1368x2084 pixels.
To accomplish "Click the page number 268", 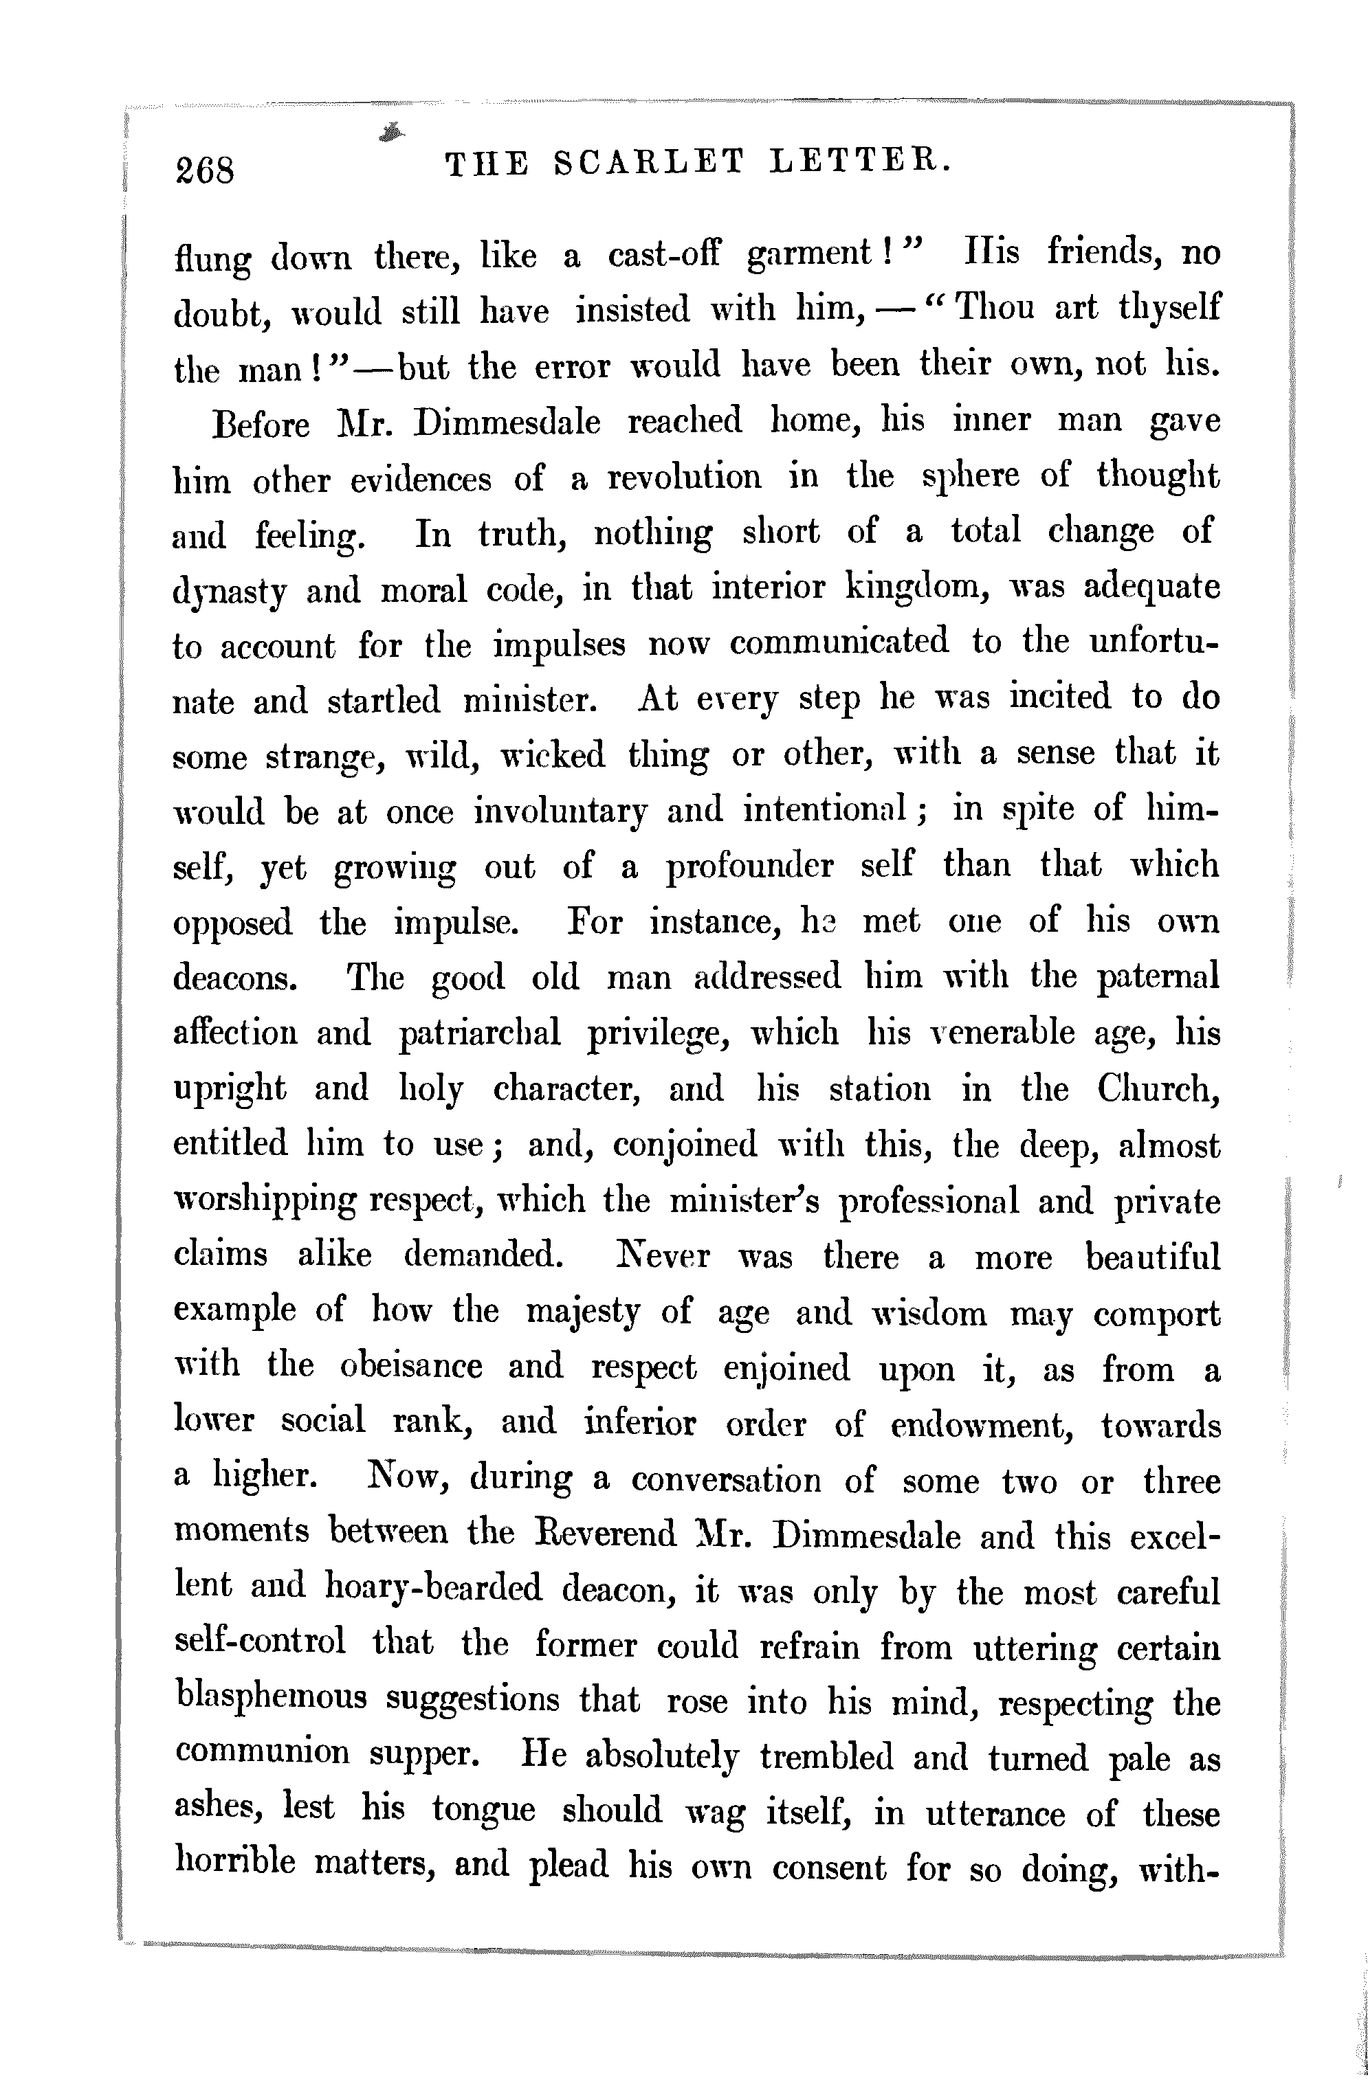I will click(205, 169).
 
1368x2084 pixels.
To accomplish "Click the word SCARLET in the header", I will click(649, 163).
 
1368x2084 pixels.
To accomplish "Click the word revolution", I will click(684, 478).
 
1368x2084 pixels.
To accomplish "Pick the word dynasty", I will click(229, 591).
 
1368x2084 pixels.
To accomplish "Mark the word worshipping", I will click(265, 1201).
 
